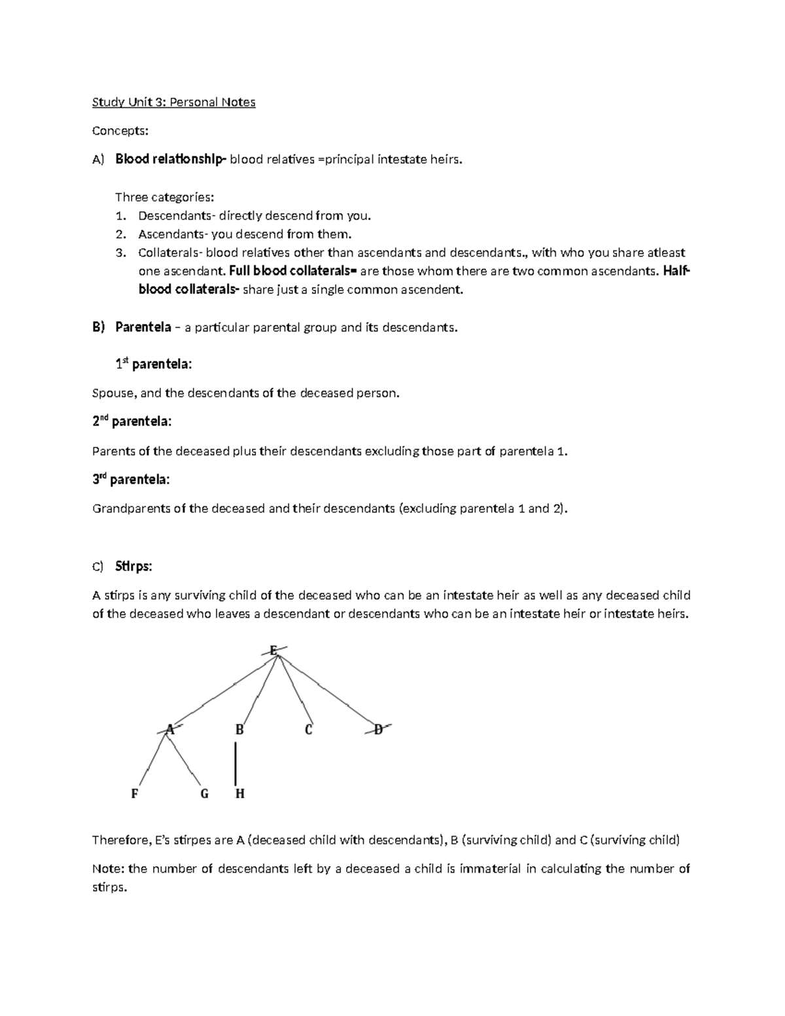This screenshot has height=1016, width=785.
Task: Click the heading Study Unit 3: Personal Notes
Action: pos(173,102)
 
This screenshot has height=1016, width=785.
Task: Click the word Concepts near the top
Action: pos(120,131)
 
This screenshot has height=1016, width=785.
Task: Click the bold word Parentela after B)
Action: pos(143,327)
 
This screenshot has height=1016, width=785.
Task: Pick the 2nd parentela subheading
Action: pos(131,422)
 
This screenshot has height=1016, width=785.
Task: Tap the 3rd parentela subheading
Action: pos(130,480)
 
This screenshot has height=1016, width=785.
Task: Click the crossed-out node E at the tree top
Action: pos(273,650)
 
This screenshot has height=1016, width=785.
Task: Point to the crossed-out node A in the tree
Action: pos(170,729)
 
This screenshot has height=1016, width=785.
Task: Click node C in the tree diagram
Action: pos(309,729)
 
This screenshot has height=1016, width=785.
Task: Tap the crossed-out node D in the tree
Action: pos(378,729)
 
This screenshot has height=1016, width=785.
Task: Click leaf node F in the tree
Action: pos(135,794)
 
